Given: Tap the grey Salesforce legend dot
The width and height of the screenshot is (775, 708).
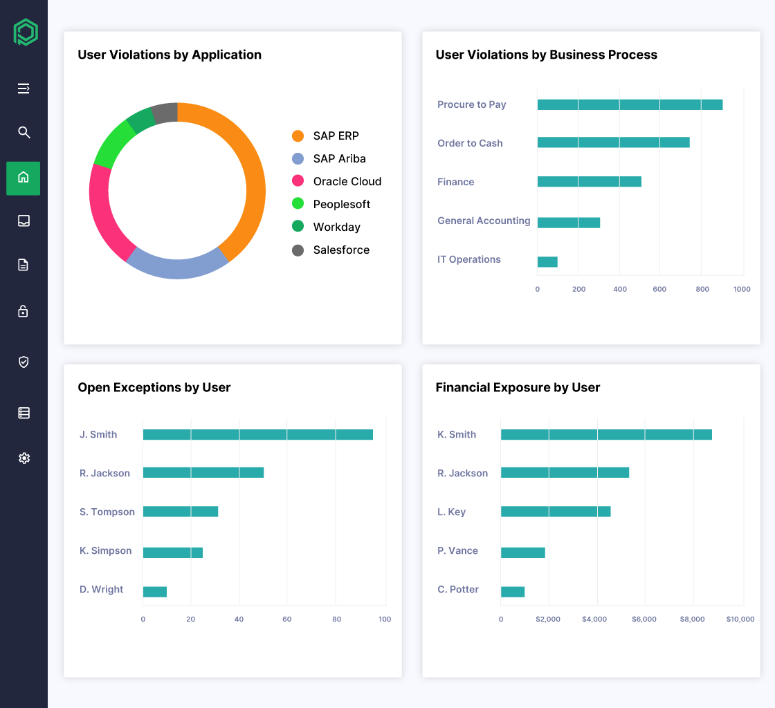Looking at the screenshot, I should coord(298,250).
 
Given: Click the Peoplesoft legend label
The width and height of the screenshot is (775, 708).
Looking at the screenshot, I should coord(341,205).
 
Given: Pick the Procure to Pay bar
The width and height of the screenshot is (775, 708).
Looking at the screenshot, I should coord(630,105).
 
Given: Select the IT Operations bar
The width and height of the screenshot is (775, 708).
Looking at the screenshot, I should coord(547,262).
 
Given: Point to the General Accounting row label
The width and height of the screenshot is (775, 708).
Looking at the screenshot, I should coord(484,221).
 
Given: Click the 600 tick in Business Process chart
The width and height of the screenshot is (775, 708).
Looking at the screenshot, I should coord(659,289).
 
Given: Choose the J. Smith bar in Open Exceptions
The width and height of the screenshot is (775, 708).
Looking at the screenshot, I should coord(257,435).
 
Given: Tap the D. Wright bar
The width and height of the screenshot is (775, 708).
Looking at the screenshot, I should coord(154,592).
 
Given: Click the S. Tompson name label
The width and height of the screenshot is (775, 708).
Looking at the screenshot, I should coord(107,512).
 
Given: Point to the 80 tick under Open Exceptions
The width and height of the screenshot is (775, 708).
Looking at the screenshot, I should coord(337,619).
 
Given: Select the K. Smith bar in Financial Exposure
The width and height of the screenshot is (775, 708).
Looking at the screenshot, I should coord(606,435).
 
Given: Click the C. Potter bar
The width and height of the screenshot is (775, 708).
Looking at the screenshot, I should coord(513,592).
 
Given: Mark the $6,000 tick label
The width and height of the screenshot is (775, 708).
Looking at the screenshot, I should coord(644,619).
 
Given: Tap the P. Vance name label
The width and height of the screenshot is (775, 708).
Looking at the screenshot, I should coord(457,551).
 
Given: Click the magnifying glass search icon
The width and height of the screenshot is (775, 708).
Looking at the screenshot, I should coord(24,132).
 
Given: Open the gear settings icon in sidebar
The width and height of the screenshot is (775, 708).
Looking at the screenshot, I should coord(24,458).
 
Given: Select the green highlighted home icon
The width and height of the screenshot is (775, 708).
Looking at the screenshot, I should coord(24,178).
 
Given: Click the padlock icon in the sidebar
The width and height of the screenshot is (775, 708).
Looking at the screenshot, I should coord(24,311).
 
